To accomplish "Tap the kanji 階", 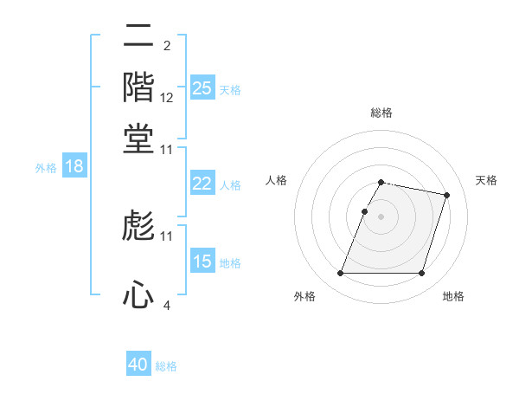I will tap(138, 87).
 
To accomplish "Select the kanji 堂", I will tap(138, 138).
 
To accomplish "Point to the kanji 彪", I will tap(138, 226).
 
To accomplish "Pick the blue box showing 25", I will tap(202, 87).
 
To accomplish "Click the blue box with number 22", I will tap(202, 184).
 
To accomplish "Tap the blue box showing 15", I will tap(202, 261).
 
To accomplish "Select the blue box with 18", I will tap(74, 166).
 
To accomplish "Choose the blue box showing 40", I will tap(138, 365).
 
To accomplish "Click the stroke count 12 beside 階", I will tap(167, 98).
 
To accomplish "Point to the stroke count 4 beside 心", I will tap(167, 305).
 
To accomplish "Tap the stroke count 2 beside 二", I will tap(166, 46).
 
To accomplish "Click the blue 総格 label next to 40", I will tap(166, 366).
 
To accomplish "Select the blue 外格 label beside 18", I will tap(46, 168).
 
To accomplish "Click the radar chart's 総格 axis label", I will tap(381, 113).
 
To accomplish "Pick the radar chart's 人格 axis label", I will tap(277, 180).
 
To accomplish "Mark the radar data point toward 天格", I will tap(446, 196).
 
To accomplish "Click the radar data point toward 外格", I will tap(340, 274).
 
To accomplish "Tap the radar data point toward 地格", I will tap(422, 274).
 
